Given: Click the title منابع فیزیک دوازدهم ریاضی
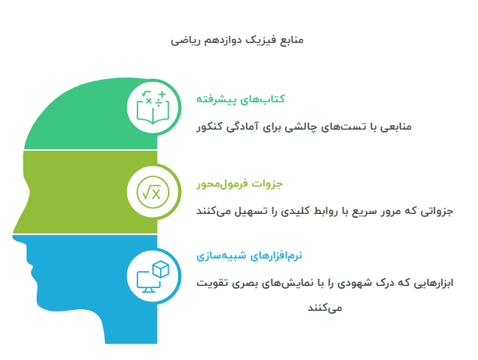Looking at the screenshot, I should [x=239, y=39].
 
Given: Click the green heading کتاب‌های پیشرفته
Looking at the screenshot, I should [x=240, y=99].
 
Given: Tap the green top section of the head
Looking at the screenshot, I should [x=86, y=117].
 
